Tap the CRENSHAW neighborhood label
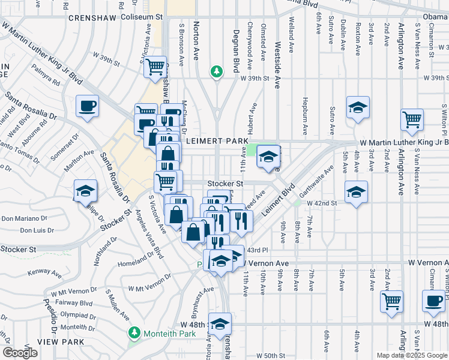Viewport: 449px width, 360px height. [x=92, y=18]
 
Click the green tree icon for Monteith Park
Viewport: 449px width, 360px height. [x=134, y=332]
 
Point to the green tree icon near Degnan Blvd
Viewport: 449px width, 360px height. [x=216, y=71]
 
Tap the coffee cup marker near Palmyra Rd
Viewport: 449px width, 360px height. [x=88, y=107]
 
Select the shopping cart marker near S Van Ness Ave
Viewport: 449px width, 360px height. [x=412, y=119]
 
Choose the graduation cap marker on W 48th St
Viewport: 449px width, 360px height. [x=220, y=323]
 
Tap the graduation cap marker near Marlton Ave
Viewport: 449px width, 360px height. [x=85, y=190]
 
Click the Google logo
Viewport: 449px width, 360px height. [x=20, y=352]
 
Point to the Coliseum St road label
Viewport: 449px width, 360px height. [x=142, y=17]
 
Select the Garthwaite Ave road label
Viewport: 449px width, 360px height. [x=321, y=180]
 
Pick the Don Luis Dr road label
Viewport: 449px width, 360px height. [x=37, y=230]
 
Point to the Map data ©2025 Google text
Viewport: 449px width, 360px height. [x=412, y=355]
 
